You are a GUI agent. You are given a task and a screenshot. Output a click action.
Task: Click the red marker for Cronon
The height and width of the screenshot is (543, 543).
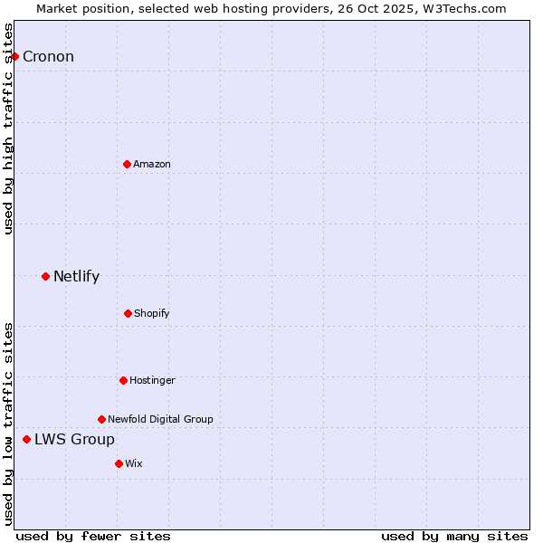pos(14,56)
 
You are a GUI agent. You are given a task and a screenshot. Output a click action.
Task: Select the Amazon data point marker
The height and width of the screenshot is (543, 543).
pos(127,164)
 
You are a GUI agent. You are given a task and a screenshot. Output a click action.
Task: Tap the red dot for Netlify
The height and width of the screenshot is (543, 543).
pos(45,276)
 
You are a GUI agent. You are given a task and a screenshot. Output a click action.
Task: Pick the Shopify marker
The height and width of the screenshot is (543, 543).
pos(128,313)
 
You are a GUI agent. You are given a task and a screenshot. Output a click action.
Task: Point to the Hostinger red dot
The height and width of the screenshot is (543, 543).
pos(123,380)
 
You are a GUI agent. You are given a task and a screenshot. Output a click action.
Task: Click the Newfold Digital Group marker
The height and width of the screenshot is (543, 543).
pos(101,419)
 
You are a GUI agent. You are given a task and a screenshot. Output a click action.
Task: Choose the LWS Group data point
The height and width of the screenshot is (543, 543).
pos(26,439)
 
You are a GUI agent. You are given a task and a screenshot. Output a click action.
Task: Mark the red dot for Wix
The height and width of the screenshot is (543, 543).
pos(119,463)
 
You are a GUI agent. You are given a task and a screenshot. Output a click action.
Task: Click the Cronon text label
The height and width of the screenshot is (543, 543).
pos(48,57)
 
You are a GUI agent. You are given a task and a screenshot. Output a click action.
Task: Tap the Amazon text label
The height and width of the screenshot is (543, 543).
pos(152,164)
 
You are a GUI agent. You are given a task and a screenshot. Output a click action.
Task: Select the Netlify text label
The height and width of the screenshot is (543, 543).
pos(76,277)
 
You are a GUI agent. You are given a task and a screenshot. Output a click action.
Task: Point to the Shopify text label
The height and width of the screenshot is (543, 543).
pos(152,314)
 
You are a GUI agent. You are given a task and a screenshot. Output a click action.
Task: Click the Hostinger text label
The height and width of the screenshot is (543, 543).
pos(152,380)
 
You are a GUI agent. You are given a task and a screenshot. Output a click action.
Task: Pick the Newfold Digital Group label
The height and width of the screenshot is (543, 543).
pos(160,419)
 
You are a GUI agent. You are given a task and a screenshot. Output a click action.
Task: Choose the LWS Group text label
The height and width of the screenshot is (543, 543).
pos(74,440)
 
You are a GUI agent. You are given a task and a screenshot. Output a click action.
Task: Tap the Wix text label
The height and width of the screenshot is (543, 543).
pos(134,463)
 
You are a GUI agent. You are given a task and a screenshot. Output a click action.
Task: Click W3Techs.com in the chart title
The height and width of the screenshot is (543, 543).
pos(464,8)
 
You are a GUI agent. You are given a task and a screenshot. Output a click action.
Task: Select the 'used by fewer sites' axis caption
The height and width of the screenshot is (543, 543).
pos(92,536)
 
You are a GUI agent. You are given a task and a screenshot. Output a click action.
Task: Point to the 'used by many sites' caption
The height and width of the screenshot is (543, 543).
pos(454,536)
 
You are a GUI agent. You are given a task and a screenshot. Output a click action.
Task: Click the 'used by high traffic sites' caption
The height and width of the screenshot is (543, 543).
pos(8,129)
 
